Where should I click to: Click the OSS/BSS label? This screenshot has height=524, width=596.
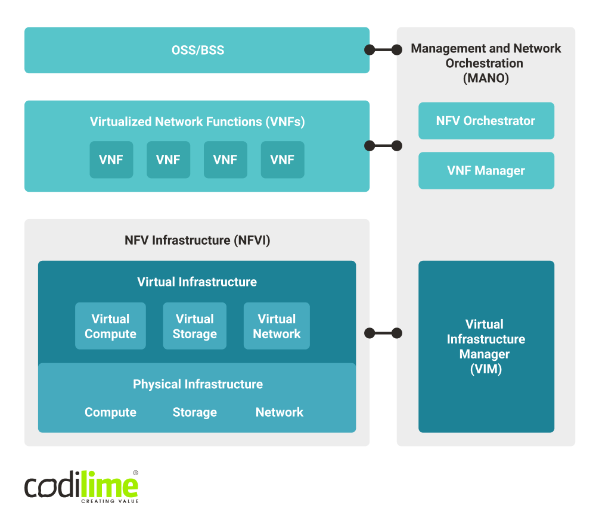(x=197, y=50)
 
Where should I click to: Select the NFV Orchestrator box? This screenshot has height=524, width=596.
(x=486, y=121)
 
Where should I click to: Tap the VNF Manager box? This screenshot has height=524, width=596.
(x=486, y=171)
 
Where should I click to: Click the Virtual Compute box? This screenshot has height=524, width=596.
(x=110, y=326)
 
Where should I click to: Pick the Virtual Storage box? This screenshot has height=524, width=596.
(x=194, y=326)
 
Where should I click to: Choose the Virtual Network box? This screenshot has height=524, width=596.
(x=277, y=326)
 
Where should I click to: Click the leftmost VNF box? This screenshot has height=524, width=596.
(x=111, y=160)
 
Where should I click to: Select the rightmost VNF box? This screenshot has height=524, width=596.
(x=283, y=160)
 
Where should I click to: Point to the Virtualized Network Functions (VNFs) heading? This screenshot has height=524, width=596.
(x=197, y=122)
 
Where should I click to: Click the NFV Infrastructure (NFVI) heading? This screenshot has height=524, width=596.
(x=197, y=241)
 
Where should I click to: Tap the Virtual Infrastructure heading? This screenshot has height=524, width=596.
(x=197, y=282)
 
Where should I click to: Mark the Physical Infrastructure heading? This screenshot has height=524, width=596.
(x=197, y=385)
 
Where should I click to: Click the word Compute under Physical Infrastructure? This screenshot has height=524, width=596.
(x=110, y=413)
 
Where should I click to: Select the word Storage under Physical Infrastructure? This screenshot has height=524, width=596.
(x=194, y=413)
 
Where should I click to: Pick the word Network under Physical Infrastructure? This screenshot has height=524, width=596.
(x=279, y=413)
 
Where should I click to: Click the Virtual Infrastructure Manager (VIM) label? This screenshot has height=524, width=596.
(x=486, y=347)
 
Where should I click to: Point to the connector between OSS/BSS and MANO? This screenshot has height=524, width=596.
(x=383, y=50)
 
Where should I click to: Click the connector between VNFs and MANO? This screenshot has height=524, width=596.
(x=383, y=145)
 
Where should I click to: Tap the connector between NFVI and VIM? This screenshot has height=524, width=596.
(x=383, y=333)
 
